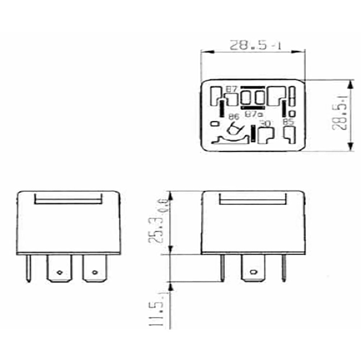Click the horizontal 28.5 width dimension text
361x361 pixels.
click(x=256, y=46)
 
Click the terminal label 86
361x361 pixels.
click(x=234, y=116)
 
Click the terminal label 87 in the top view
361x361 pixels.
click(x=231, y=89)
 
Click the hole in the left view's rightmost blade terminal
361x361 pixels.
click(x=95, y=272)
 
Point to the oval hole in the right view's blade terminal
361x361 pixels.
click(x=253, y=271)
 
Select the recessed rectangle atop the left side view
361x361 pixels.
click(x=69, y=199)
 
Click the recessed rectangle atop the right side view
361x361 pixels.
click(x=253, y=199)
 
